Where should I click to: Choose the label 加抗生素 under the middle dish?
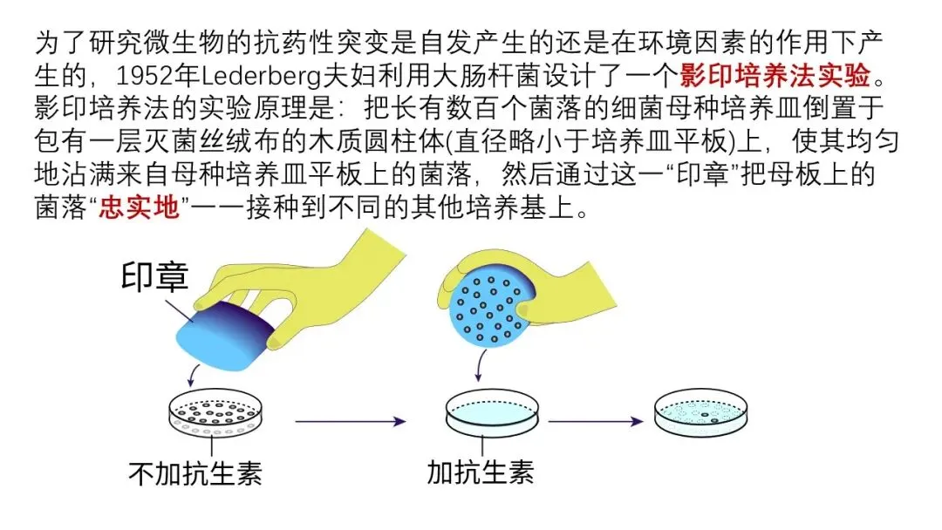pyautogui.click(x=481, y=472)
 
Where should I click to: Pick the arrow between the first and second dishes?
pyautogui.click(x=351, y=422)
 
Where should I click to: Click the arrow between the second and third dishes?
pyautogui.click(x=596, y=422)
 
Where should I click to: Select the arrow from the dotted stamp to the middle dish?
pyautogui.click(x=478, y=365)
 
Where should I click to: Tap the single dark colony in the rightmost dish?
pyautogui.click(x=714, y=419)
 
